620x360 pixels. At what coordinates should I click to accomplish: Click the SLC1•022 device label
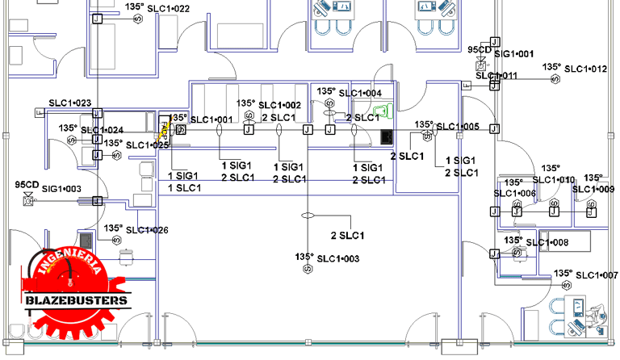pos(170,9)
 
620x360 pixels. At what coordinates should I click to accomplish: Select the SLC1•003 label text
pos(337,258)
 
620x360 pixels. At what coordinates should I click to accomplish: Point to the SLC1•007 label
pos(598,275)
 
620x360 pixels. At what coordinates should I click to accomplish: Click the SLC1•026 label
pos(147,230)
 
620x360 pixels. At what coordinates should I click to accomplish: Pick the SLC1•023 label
pos(69,103)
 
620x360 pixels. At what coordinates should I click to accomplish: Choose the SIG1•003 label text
pos(61,189)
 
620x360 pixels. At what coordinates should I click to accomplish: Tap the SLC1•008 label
pos(547,242)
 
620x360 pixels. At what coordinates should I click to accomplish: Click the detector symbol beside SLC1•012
pos(555,79)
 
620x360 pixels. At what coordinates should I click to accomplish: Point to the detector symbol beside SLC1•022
pos(138,19)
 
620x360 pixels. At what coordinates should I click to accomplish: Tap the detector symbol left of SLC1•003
pos(306,269)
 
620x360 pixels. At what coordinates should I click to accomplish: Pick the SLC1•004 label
pos(360,94)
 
